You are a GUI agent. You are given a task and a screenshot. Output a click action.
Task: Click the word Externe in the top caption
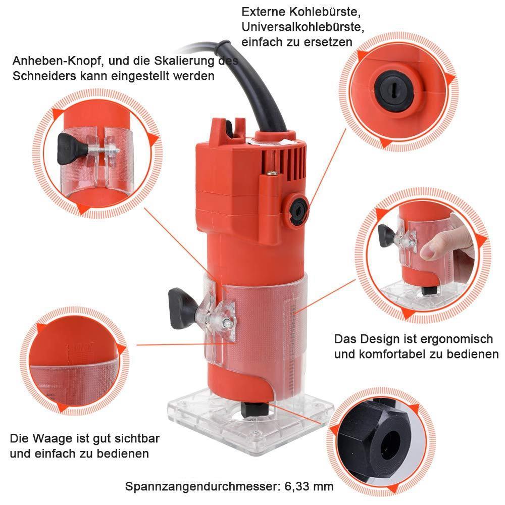263,12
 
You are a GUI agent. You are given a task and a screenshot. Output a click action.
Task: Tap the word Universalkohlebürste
302,27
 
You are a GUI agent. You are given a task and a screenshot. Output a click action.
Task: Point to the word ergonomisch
457,339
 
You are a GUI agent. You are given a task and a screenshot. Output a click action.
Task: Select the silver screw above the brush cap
272,173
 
